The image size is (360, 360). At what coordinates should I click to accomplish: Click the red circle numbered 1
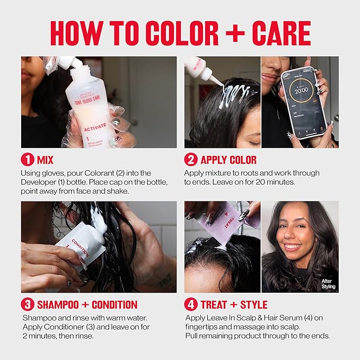pos(27,160)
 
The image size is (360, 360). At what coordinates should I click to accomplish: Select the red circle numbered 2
pos(190,160)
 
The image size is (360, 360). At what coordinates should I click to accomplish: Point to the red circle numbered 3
pos(27,304)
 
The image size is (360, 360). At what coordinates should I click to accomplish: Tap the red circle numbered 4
pos(190,304)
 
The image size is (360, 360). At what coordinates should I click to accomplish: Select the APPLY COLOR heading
pos(228,160)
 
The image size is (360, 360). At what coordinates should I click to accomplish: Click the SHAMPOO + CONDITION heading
pos(87,304)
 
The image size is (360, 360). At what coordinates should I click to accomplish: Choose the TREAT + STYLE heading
pos(234,304)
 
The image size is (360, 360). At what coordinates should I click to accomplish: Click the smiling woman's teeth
pos(293,247)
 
